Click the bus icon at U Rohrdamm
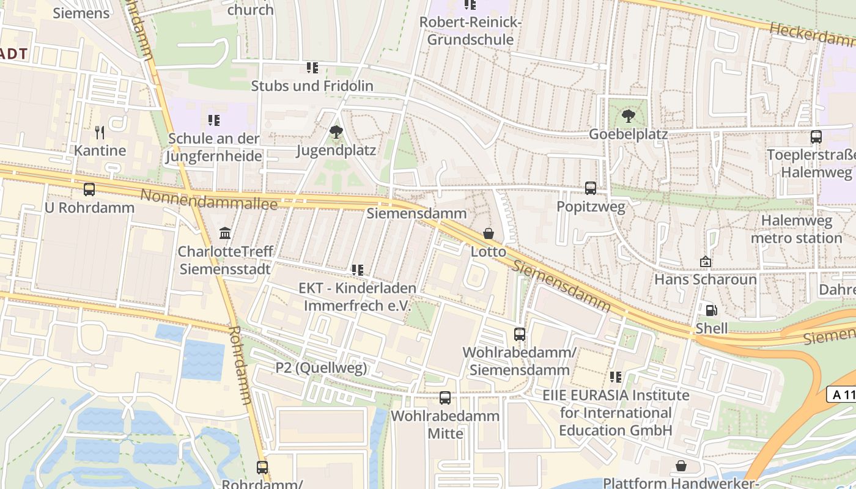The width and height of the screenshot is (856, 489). [89, 189]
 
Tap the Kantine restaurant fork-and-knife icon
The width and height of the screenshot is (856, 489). [100, 132]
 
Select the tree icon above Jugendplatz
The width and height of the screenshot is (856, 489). [336, 131]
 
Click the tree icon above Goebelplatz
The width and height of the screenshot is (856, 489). [628, 116]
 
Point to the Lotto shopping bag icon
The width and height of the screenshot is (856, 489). [489, 233]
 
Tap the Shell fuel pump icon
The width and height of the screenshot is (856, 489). [711, 310]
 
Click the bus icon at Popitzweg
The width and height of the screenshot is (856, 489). [591, 188]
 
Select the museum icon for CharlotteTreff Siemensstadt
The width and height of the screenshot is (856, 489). [225, 233]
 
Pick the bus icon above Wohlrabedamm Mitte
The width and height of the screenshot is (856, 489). [445, 398]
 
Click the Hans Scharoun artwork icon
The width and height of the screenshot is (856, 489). [706, 262]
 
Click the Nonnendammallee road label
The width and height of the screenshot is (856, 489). [209, 200]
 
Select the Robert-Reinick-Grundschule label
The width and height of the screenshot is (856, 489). [470, 31]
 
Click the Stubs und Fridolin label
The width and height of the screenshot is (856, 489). [312, 86]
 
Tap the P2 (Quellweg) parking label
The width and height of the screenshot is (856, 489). [321, 368]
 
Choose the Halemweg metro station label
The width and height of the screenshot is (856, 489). [797, 229]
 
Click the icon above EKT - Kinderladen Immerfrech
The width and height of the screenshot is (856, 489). [358, 270]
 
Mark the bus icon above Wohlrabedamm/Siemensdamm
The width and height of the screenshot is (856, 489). [520, 334]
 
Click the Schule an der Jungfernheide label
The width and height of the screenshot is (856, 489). [213, 147]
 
